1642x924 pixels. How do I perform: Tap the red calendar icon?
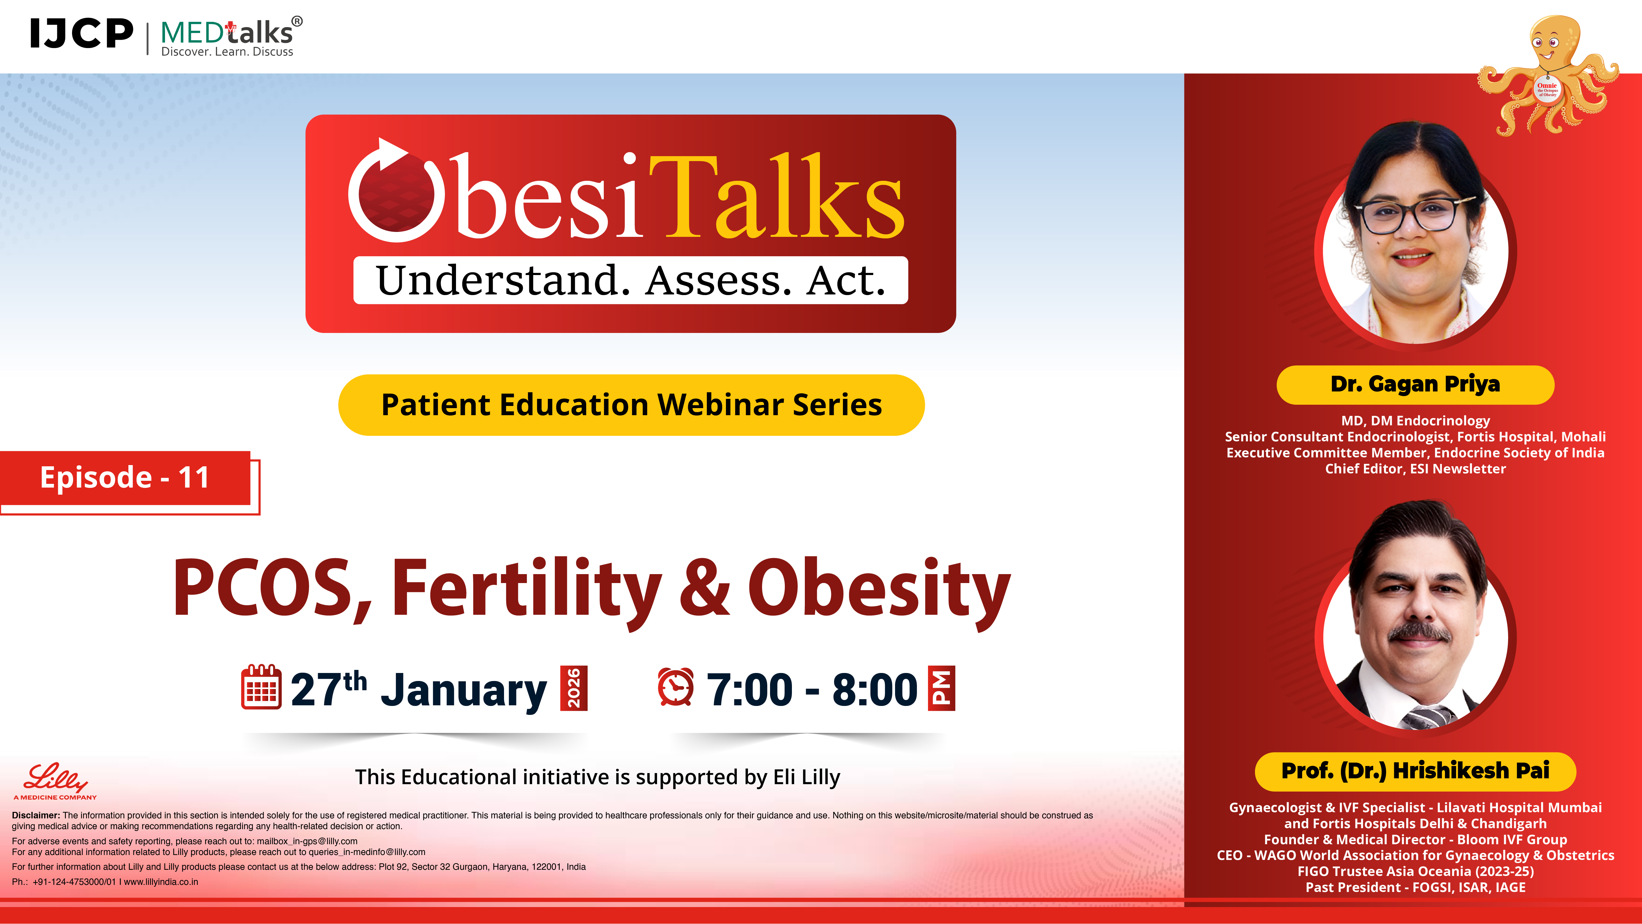(261, 687)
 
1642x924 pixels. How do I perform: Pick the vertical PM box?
(942, 688)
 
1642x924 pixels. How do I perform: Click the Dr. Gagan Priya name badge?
(1415, 384)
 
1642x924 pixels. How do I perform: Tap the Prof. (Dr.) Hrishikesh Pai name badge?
(1415, 771)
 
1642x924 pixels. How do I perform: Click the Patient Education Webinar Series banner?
(631, 405)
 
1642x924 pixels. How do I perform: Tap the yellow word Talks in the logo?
(777, 198)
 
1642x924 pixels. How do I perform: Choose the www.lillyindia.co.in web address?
(161, 882)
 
